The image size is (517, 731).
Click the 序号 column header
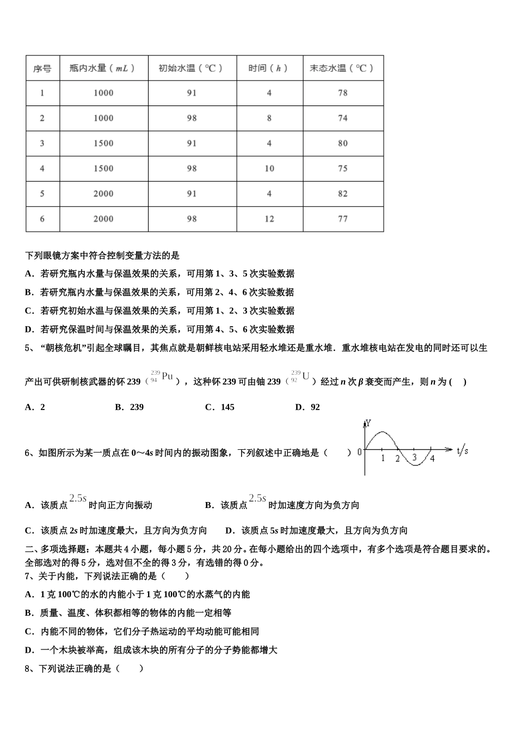42,69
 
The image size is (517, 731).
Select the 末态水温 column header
342,69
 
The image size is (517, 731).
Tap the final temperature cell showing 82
342,194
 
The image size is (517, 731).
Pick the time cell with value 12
269,219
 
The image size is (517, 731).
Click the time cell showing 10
269,169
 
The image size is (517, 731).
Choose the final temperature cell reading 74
342,118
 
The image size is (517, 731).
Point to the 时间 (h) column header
269,69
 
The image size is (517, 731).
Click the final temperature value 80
342,144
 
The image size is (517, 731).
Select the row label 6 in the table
42,219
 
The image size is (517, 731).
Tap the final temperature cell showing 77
342,219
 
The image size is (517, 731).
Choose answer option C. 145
220,407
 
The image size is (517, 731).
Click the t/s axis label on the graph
463,450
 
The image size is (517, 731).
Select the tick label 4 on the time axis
432,459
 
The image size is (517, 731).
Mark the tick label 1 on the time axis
383,459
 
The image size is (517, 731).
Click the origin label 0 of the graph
359,451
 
